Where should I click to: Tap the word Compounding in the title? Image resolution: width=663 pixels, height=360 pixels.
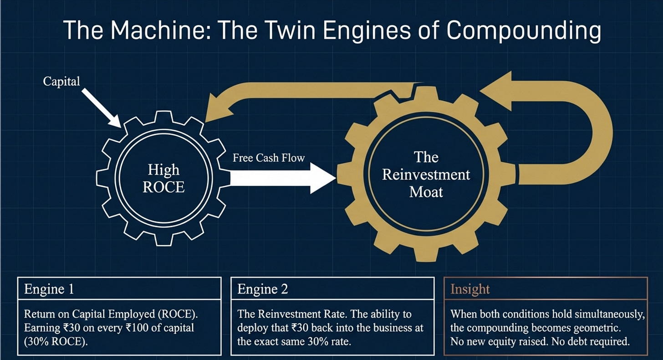click(524, 32)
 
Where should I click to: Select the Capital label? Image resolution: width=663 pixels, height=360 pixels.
click(61, 82)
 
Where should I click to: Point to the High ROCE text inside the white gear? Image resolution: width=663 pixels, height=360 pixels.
click(163, 179)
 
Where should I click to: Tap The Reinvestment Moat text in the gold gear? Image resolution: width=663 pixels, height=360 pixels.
click(426, 175)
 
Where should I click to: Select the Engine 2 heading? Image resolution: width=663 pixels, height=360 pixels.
click(263, 289)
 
